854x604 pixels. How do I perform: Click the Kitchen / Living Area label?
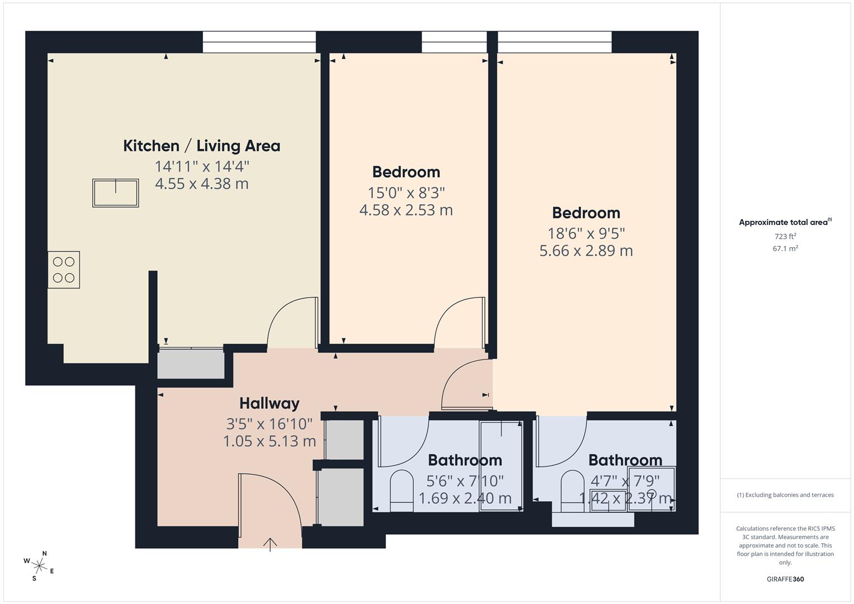tap(201, 146)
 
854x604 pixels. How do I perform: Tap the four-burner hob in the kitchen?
tap(63, 270)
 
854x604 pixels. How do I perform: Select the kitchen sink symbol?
tap(115, 193)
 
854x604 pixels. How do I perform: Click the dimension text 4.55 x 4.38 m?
tap(201, 183)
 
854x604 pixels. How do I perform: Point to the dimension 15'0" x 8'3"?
tap(406, 193)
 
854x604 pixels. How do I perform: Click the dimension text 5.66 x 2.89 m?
tap(586, 251)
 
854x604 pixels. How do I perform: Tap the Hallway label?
tap(269, 403)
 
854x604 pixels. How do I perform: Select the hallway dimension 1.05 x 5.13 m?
tap(269, 441)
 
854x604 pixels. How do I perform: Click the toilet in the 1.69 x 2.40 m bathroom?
tap(400, 490)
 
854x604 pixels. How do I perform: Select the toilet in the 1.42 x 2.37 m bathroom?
tap(572, 490)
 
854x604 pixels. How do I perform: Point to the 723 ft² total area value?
tap(785, 237)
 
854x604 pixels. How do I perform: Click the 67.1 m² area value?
tap(785, 249)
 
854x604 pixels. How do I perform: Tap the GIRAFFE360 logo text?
tap(785, 579)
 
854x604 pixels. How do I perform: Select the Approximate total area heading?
tap(784, 223)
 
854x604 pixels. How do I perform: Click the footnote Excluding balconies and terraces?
tap(785, 495)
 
